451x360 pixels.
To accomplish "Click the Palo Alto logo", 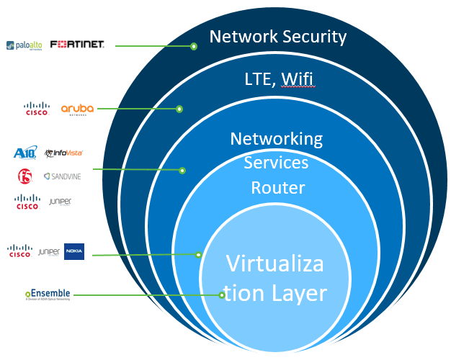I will coord(24,45).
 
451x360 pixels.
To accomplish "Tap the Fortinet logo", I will coord(77,45).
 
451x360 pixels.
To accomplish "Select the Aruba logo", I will coord(77,109).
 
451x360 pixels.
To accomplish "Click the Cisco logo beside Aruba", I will coord(35,109).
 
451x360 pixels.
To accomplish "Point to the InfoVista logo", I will coord(63,153).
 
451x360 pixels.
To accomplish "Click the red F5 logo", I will coord(24,175).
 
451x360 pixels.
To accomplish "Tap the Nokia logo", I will coord(74,251).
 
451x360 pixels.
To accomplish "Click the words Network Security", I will coord(278,36).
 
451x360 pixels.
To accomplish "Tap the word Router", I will coord(278,189).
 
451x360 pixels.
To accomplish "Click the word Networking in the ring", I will coord(277,138).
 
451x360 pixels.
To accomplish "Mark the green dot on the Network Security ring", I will coord(193,46).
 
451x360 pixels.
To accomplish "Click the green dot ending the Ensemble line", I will coord(222,294).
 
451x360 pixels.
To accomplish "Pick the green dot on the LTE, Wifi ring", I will coord(179,109).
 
